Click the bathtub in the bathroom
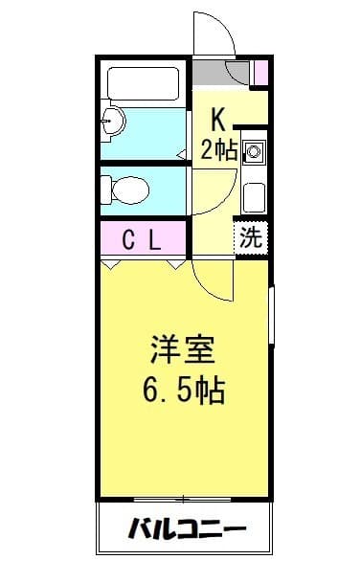pyautogui.click(x=144, y=84)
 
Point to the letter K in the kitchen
pyautogui.click(x=217, y=119)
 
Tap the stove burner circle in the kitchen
pyautogui.click(x=254, y=151)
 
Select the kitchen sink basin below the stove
pyautogui.click(x=254, y=196)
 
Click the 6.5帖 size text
pyautogui.click(x=184, y=390)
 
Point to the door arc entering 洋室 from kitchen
pyautogui.click(x=213, y=280)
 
